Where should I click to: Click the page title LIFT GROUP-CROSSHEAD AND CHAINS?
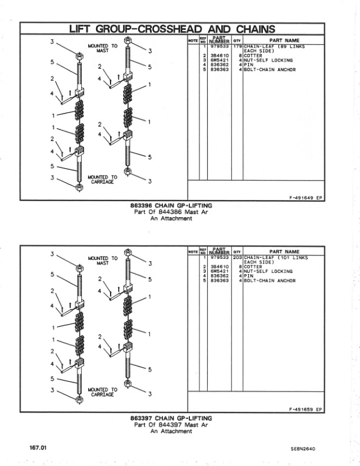[172, 28]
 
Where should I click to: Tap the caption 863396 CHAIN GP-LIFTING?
[171, 206]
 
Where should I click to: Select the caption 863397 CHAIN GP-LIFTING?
[171, 418]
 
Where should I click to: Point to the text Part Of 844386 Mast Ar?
[171, 212]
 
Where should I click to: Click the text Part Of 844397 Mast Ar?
[171, 425]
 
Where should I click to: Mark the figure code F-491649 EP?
[305, 197]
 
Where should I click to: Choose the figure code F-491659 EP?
[305, 410]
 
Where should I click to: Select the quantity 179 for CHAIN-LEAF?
[238, 46]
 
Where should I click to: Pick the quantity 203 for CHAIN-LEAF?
[238, 258]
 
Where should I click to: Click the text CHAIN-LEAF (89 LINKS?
[274, 46]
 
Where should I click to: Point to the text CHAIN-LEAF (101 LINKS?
[275, 258]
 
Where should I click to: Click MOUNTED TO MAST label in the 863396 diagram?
[102, 48]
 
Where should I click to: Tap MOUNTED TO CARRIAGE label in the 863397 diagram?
[102, 392]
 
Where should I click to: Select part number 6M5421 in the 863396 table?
[219, 60]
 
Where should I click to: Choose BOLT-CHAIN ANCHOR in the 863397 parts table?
[269, 281]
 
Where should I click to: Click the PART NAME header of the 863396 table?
[284, 40]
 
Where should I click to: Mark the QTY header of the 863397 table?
[238, 252]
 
